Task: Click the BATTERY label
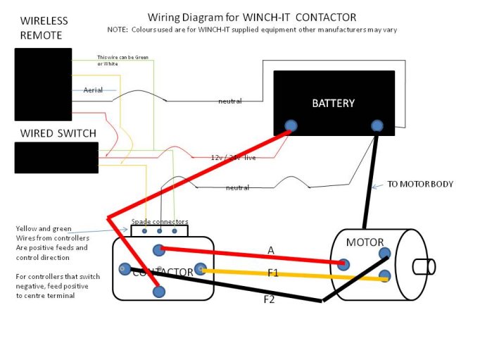pos(333,103)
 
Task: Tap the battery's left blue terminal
pos(290,127)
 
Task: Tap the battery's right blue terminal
pos(377,126)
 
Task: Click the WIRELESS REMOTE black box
pos(43,84)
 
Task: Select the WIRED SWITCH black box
pos(56,157)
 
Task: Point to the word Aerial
pos(93,90)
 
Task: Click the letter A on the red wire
pos(271,250)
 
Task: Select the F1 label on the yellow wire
pos(272,273)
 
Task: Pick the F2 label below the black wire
pos(269,299)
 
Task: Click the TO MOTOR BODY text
pos(420,185)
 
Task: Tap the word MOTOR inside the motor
pos(365,243)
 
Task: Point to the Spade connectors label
pos(160,221)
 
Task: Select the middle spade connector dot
pos(160,230)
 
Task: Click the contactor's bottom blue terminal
pos(159,291)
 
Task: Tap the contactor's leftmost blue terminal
pos(125,268)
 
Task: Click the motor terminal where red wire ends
pos(343,264)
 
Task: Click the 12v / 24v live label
pos(233,158)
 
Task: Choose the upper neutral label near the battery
pos(229,101)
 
